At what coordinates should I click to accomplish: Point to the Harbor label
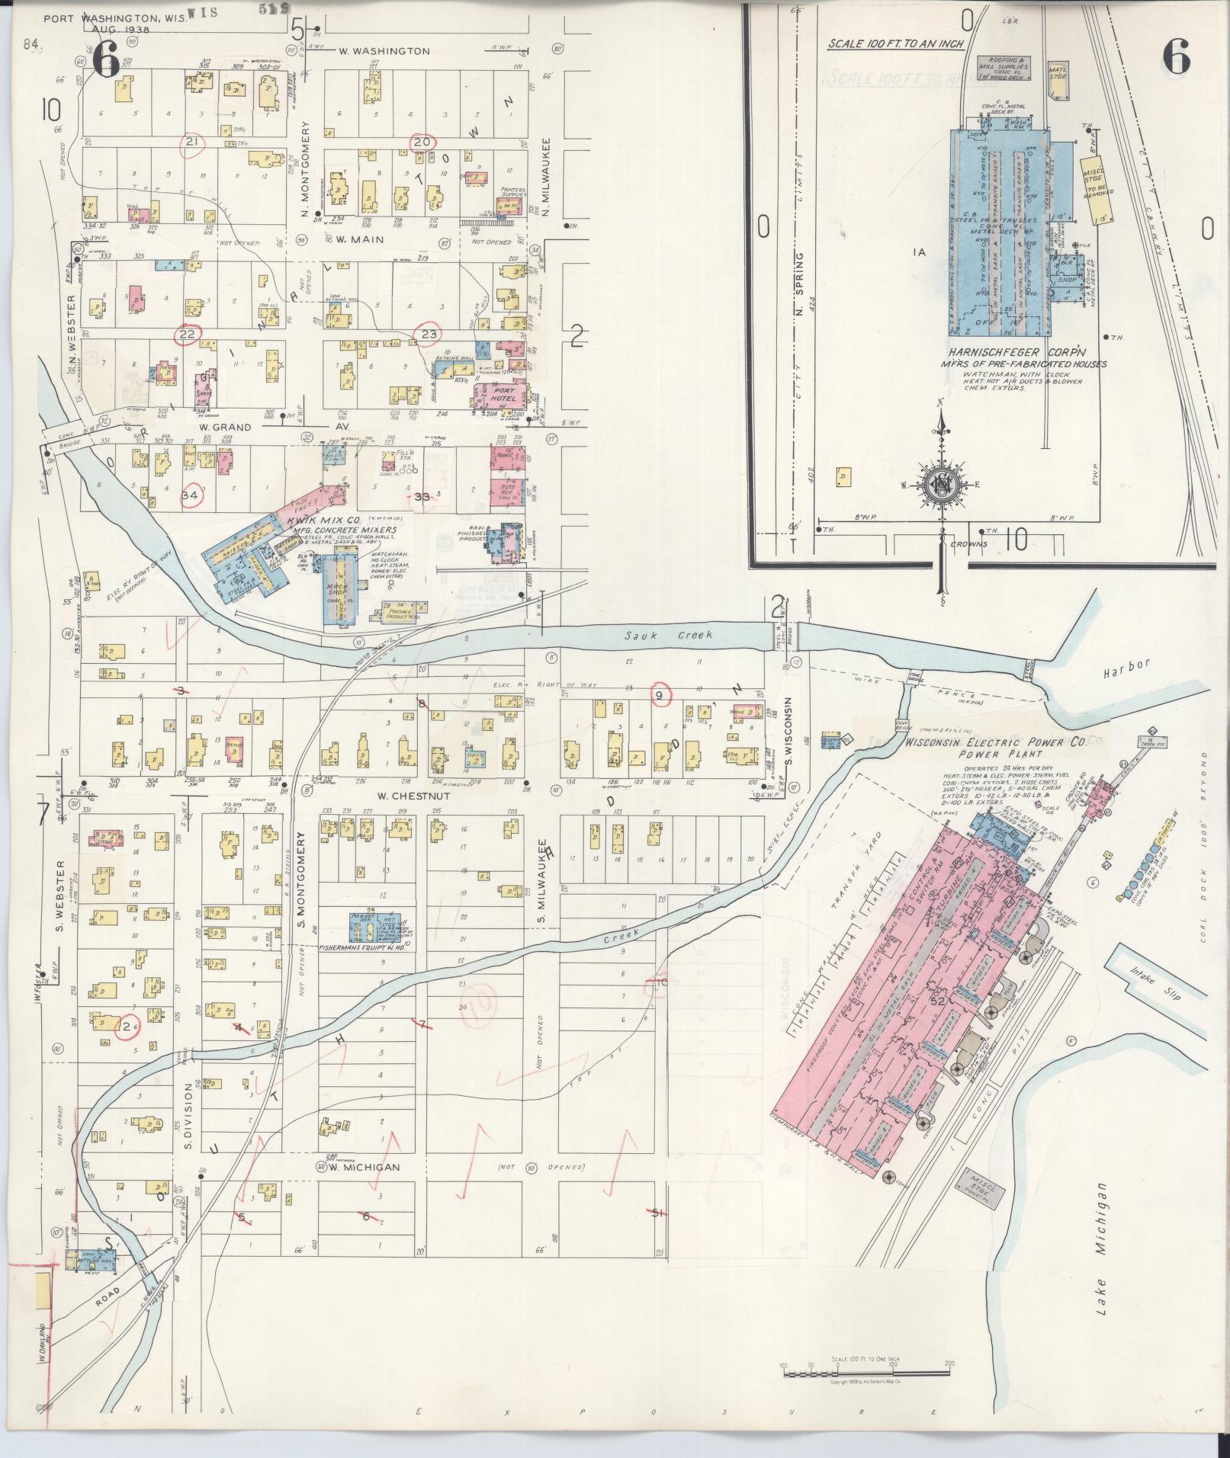coord(1126,665)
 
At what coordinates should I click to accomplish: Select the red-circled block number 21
coord(192,143)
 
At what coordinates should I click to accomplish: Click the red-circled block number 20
coord(422,142)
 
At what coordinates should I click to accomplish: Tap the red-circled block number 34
coord(191,495)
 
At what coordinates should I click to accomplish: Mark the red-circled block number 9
coord(661,694)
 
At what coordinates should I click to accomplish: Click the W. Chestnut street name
coord(402,796)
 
